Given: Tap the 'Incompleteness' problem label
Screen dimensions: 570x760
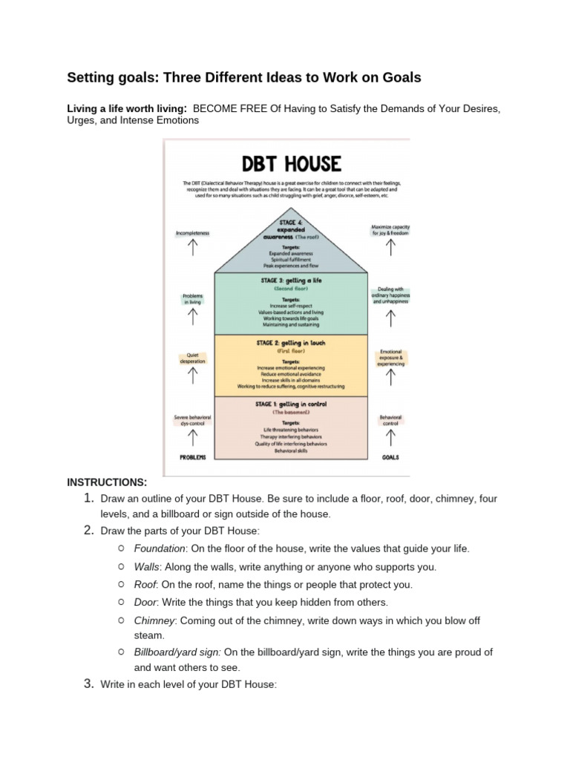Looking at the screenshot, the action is click(x=193, y=233).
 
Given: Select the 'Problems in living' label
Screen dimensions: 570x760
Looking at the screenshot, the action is click(x=193, y=298).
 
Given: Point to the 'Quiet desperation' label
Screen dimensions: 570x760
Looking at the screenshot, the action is click(x=193, y=357).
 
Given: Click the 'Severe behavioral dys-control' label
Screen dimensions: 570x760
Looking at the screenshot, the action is click(x=193, y=420).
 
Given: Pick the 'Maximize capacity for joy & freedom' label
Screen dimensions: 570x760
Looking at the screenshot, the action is click(x=390, y=229).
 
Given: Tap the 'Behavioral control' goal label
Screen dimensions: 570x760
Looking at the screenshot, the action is click(x=390, y=420).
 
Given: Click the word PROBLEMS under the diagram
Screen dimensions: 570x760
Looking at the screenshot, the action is click(x=193, y=457).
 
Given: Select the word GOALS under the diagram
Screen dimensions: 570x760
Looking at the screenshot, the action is click(x=390, y=457).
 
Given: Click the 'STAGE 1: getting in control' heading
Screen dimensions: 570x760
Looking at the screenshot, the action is click(x=290, y=404).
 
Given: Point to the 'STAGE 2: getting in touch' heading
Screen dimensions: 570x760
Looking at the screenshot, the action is click(x=290, y=343).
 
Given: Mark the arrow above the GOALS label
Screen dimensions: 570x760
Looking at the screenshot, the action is click(x=390, y=439).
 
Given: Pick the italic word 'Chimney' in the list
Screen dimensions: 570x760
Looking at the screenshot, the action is click(x=154, y=620).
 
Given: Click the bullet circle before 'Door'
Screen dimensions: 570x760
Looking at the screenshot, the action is click(x=121, y=602).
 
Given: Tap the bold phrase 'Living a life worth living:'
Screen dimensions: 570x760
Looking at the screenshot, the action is click(x=127, y=108).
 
